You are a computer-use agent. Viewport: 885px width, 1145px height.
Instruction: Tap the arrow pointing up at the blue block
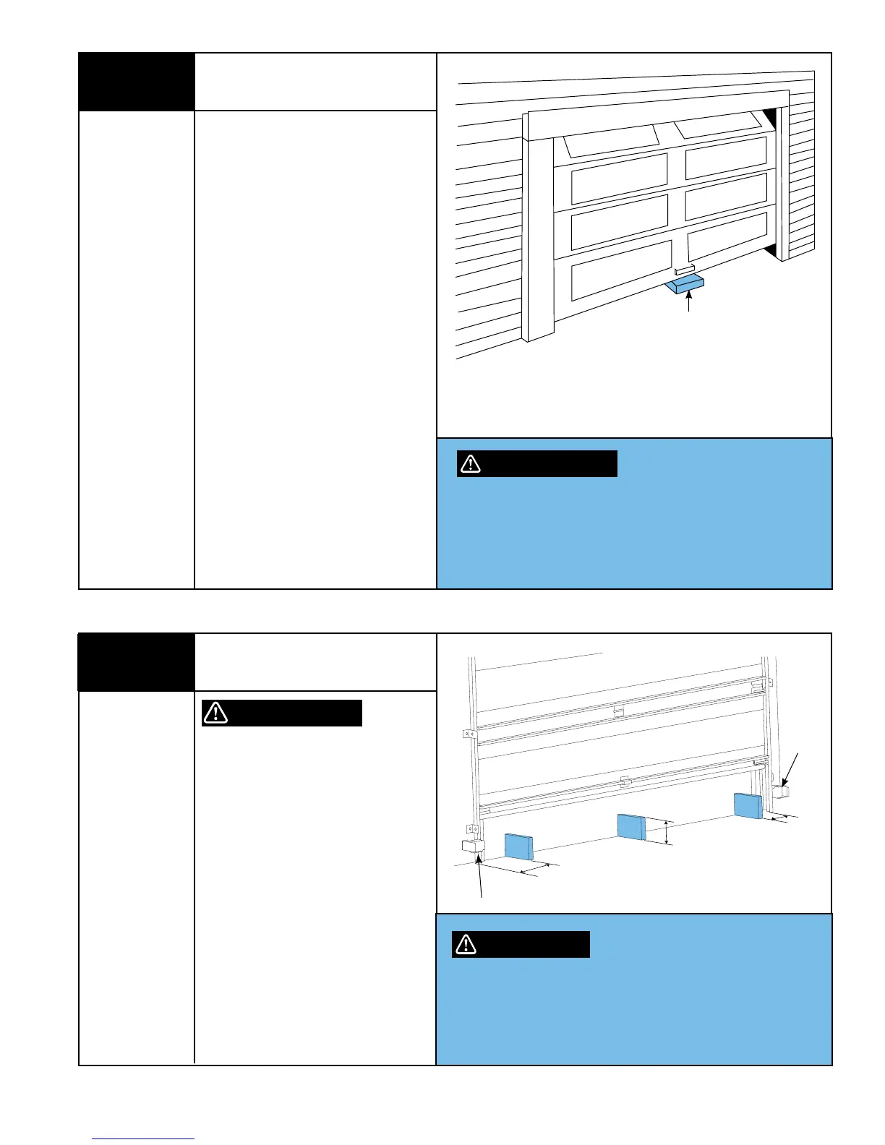point(688,304)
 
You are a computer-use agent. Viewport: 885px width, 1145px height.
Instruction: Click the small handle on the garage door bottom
point(683,270)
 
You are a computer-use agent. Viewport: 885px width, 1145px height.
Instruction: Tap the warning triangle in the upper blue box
point(470,464)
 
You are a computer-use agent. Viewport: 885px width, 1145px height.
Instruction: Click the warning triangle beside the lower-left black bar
point(215,713)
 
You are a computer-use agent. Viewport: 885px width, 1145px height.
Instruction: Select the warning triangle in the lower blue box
point(466,944)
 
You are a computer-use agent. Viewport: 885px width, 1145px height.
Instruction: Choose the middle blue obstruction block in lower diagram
point(631,827)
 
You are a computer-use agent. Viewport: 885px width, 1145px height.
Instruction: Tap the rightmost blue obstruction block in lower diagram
point(748,805)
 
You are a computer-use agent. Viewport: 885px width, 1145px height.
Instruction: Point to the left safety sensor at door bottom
point(472,846)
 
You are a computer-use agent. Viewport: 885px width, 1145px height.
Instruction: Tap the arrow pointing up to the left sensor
point(481,876)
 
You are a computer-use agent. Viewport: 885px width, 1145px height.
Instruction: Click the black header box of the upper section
point(136,82)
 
